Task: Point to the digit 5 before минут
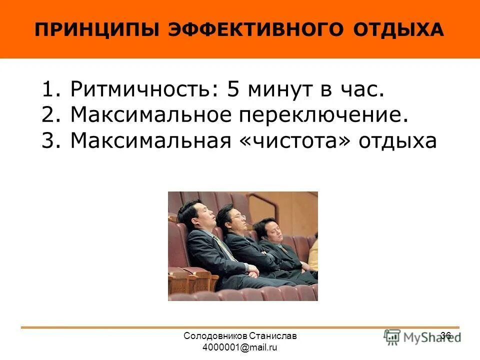coord(233,90)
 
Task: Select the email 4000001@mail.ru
coord(240,347)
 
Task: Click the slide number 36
coord(446,335)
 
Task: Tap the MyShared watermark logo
coord(421,337)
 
